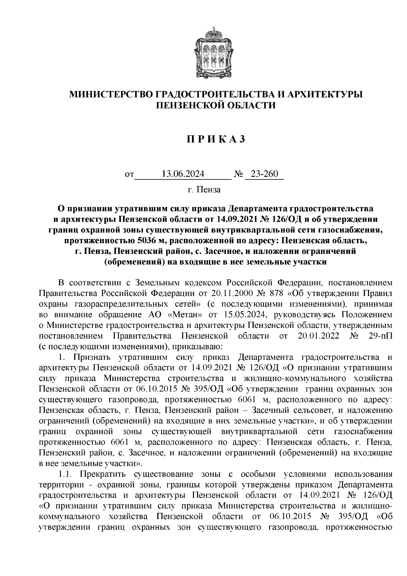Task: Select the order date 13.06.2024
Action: (x=183, y=174)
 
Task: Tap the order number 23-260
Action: (x=264, y=174)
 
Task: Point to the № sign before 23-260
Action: (x=238, y=175)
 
